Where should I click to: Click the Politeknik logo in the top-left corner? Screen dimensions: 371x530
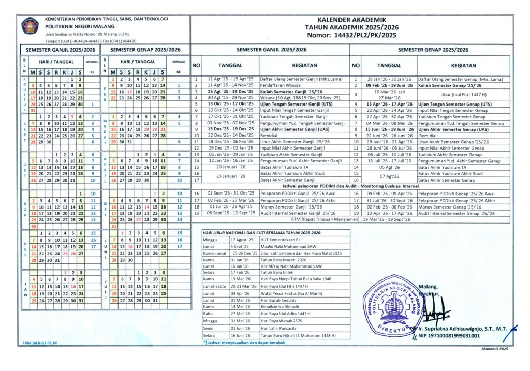point(30,25)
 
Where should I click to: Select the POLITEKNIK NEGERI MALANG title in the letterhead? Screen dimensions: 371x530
point(78,26)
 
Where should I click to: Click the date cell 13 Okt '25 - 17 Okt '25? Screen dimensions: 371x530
point(227,103)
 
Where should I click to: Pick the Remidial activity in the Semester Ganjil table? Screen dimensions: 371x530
point(270,135)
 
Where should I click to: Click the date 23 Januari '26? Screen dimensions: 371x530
point(227,176)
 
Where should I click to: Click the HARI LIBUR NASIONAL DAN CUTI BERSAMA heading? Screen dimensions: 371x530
point(262,233)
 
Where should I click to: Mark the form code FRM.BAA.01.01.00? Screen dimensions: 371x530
point(40,343)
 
